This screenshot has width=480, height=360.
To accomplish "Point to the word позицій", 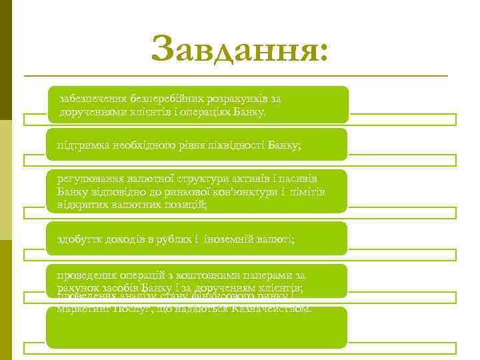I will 184,205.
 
